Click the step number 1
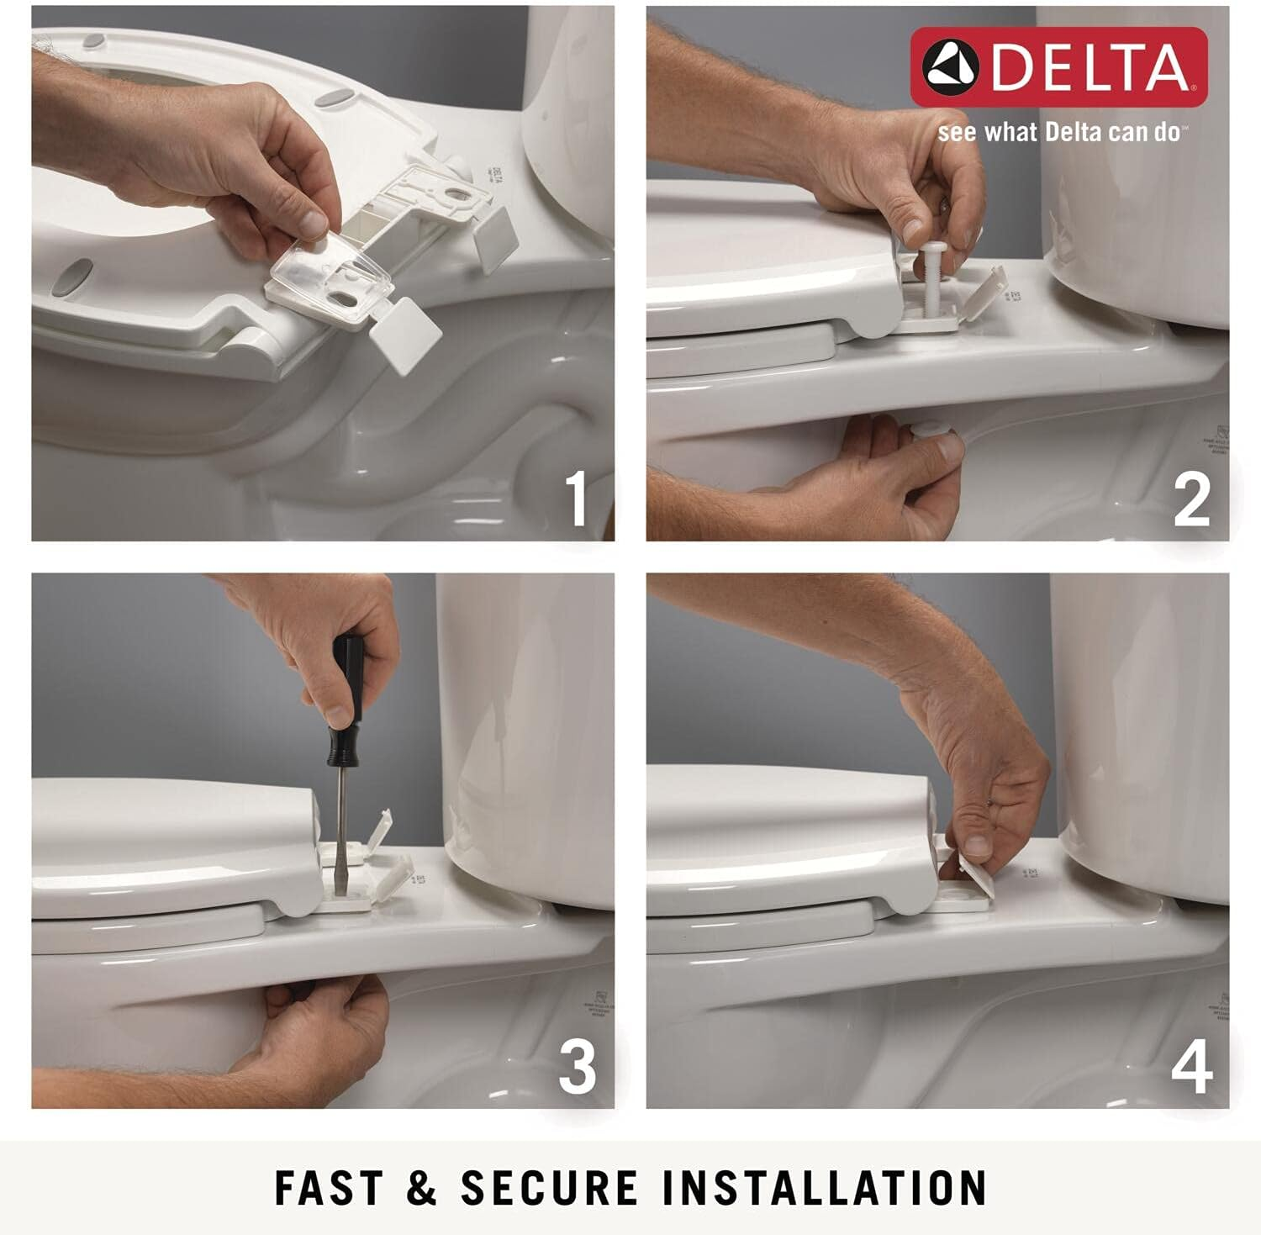pyautogui.click(x=576, y=499)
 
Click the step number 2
pyautogui.click(x=1191, y=499)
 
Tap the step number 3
pyautogui.click(x=577, y=1067)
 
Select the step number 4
pyautogui.click(x=1191, y=1067)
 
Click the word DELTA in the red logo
pyautogui.click(x=1090, y=67)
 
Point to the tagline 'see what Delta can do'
pyautogui.click(x=1063, y=133)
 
